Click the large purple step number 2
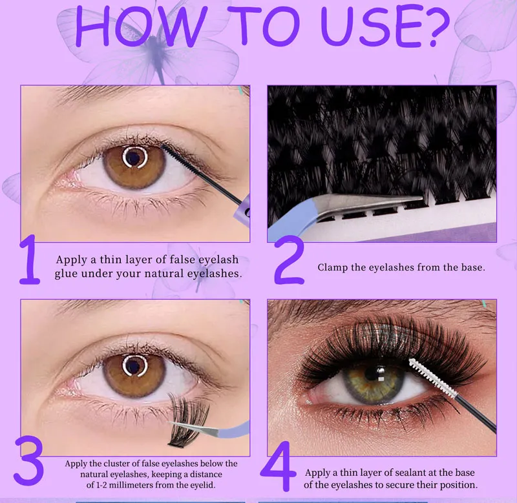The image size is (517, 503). (x=288, y=263)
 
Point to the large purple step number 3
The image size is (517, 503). (x=28, y=460)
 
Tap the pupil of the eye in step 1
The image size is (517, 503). (x=134, y=157)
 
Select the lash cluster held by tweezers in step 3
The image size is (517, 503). (x=187, y=420)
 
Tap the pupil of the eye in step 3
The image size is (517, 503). (x=134, y=365)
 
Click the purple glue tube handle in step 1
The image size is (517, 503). (x=242, y=209)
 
